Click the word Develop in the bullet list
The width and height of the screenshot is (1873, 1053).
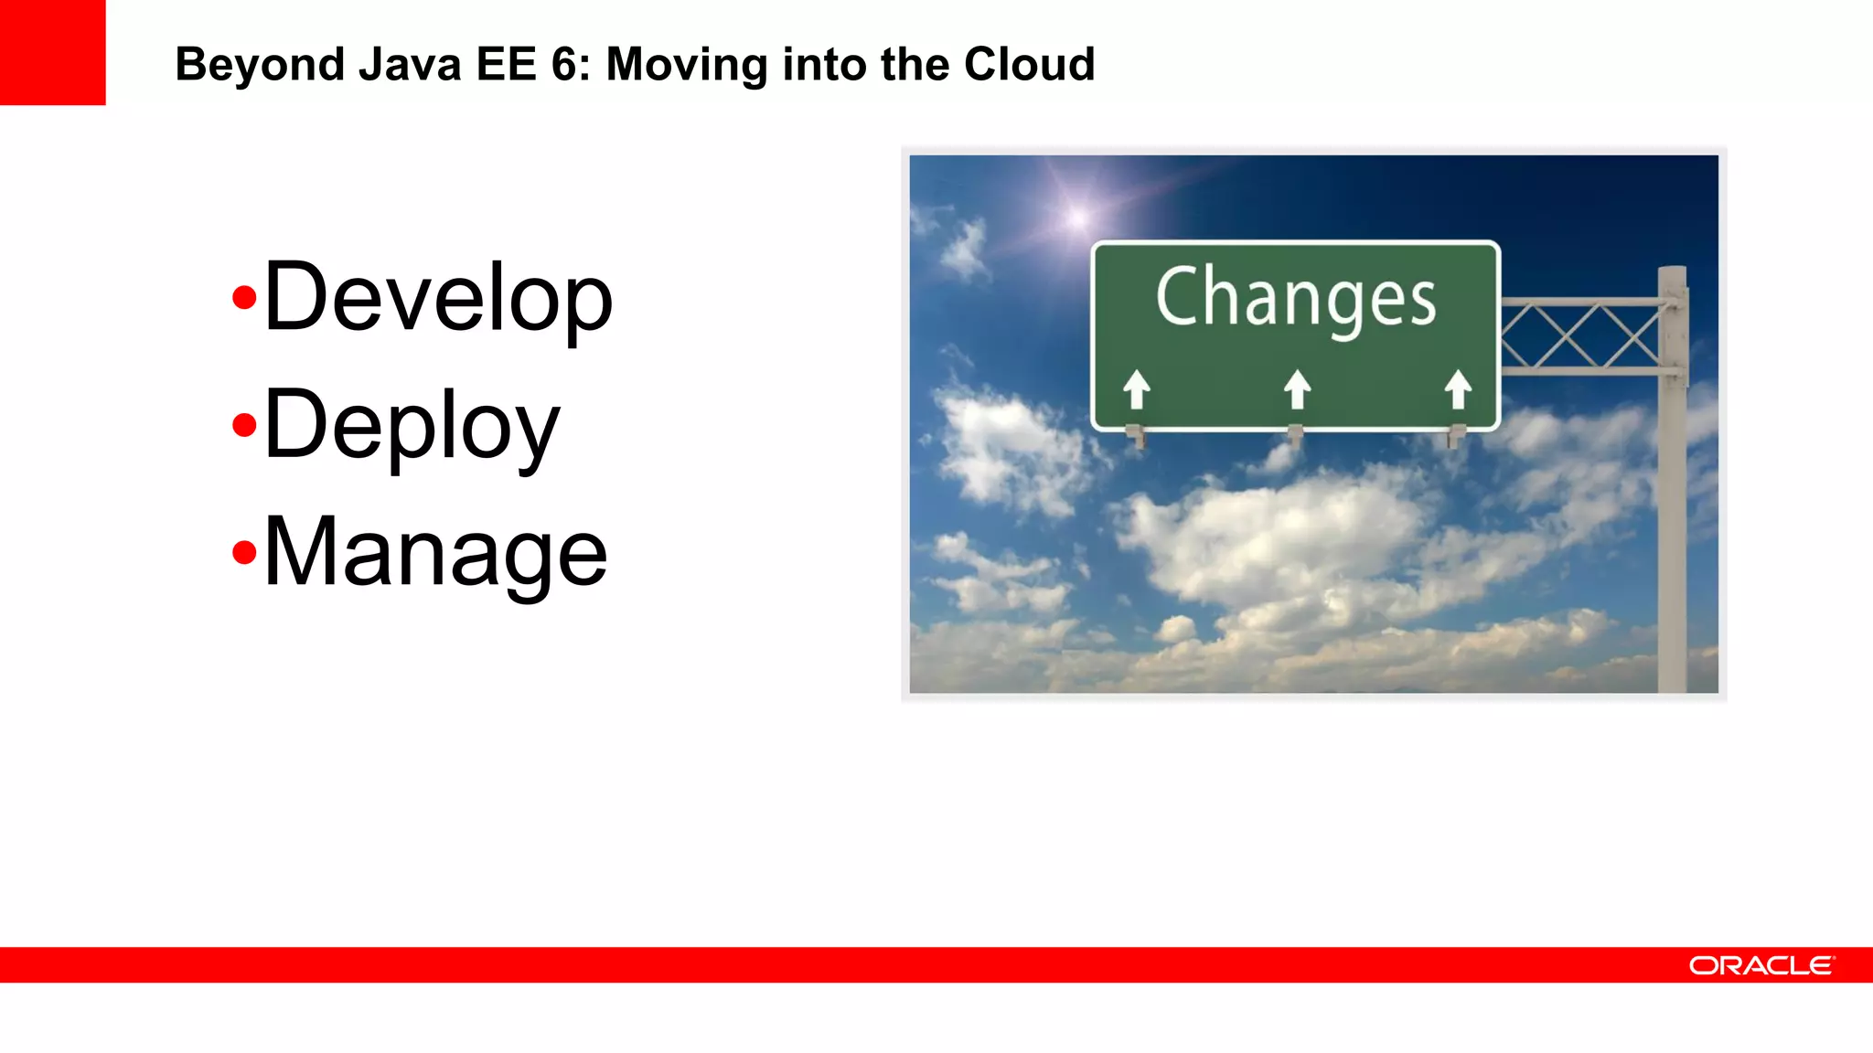pyautogui.click(x=437, y=298)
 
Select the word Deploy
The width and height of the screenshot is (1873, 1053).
pyautogui.click(x=412, y=426)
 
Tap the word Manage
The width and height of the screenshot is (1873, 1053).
pyautogui.click(x=435, y=552)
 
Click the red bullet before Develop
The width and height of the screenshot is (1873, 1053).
pyautogui.click(x=243, y=298)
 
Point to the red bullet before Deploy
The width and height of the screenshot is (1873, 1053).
pyautogui.click(x=243, y=425)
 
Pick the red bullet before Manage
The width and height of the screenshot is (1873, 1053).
pyautogui.click(x=243, y=552)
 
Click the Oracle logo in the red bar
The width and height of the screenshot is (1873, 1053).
pyautogui.click(x=1761, y=965)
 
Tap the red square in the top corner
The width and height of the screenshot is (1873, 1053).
pyautogui.click(x=52, y=52)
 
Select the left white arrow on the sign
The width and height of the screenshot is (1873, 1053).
pyautogui.click(x=1137, y=389)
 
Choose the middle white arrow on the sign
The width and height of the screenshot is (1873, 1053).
pyautogui.click(x=1297, y=389)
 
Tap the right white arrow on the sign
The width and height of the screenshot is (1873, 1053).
pyautogui.click(x=1458, y=389)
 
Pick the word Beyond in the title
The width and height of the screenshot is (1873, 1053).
pyautogui.click(x=260, y=65)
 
